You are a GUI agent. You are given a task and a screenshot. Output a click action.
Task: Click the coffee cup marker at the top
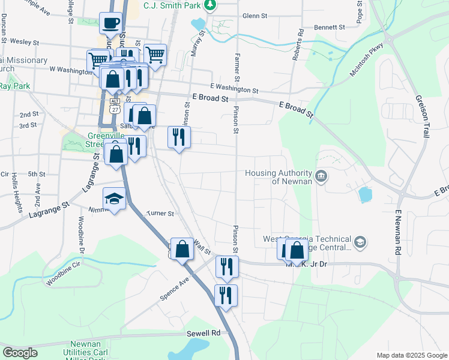(110, 23)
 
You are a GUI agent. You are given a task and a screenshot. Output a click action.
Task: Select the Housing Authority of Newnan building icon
(321, 176)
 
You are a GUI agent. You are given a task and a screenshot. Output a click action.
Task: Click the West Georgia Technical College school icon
(360, 242)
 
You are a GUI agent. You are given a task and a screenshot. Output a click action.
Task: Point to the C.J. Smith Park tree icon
(209, 5)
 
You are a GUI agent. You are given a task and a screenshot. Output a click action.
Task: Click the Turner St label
(160, 213)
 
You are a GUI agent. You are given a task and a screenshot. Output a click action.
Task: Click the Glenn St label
(255, 16)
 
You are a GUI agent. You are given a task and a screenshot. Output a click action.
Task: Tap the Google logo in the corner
(20, 353)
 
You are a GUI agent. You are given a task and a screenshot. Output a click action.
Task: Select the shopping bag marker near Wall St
(182, 249)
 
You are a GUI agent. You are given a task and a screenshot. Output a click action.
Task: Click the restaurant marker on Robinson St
(178, 137)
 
